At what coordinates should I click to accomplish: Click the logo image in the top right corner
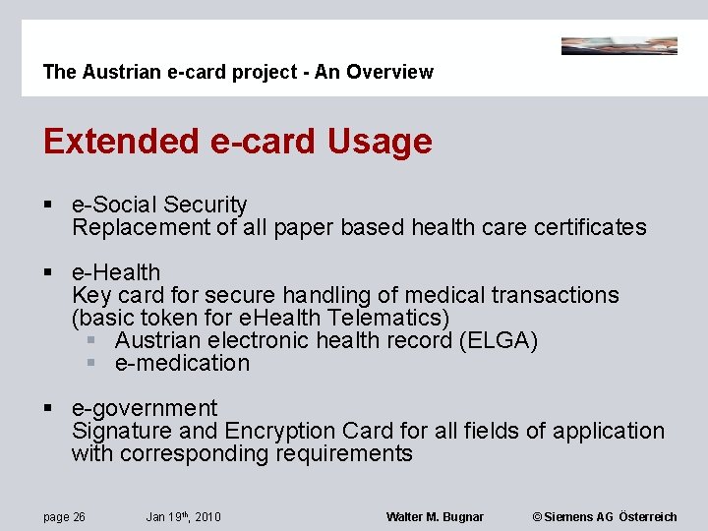[619, 45]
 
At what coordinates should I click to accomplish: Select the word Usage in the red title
[380, 142]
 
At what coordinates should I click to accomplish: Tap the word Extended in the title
[121, 142]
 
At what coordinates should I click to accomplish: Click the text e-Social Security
[159, 205]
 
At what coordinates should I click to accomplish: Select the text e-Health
[116, 272]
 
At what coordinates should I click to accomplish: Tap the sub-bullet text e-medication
[182, 363]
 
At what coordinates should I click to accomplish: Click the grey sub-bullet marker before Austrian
[91, 340]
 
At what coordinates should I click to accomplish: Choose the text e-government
[145, 408]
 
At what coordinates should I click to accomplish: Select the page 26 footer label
[64, 517]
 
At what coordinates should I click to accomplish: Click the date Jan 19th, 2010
[183, 517]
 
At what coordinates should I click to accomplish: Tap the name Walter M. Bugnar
[435, 517]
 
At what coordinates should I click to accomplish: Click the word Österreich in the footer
[649, 517]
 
